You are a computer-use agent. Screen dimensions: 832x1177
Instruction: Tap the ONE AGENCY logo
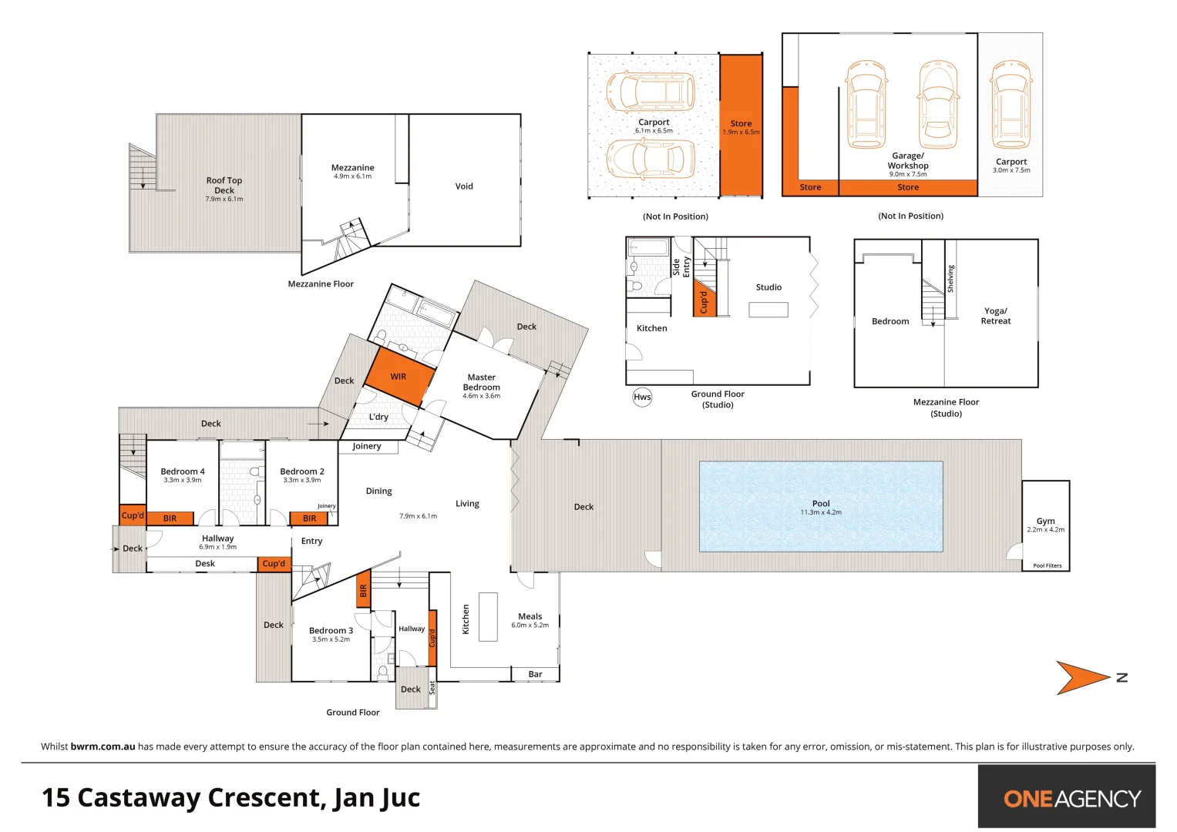(1072, 798)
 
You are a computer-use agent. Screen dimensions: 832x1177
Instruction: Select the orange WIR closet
(398, 376)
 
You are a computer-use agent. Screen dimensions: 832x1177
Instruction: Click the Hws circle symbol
(642, 398)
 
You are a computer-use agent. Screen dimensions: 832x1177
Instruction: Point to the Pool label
(821, 503)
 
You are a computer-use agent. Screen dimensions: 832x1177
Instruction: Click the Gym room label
(1045, 521)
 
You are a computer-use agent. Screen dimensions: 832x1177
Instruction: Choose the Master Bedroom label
(481, 382)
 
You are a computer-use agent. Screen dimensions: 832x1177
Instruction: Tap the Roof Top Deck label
(224, 185)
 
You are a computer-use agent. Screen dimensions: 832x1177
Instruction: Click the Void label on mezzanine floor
(464, 186)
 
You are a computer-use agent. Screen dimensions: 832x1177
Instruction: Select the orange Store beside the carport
(741, 125)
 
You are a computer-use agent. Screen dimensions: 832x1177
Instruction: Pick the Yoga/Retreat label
(995, 316)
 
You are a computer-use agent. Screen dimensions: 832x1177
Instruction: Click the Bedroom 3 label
(331, 630)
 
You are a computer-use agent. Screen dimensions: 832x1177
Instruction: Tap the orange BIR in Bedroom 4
(170, 518)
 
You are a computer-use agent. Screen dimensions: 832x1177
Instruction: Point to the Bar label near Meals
(535, 674)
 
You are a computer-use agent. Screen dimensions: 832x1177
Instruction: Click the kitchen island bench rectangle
(488, 616)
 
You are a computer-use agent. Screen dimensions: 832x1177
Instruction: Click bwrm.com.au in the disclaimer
(103, 746)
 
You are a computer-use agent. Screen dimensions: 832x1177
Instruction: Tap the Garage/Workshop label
(908, 160)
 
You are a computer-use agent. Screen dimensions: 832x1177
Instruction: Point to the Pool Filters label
(1047, 565)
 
